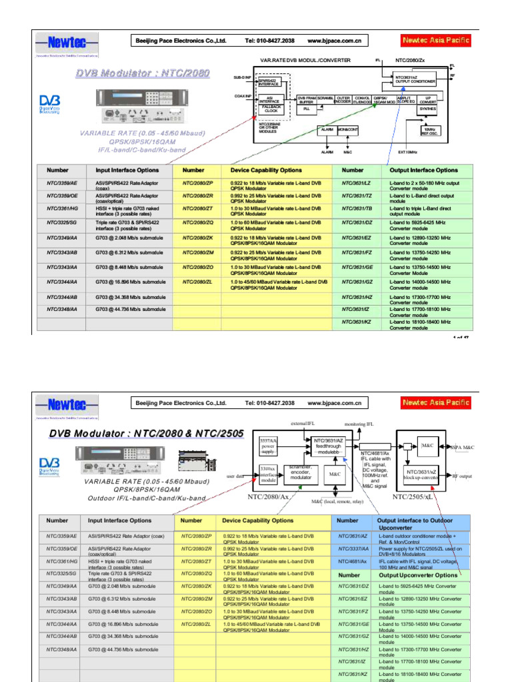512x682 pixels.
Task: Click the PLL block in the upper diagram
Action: point(307,108)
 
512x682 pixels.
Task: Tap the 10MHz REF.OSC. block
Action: point(428,131)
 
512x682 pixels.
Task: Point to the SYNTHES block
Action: point(427,109)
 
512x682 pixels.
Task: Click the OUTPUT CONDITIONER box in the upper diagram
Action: point(415,80)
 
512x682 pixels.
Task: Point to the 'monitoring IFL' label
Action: point(359,424)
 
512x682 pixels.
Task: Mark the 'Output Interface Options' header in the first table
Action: point(423,170)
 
